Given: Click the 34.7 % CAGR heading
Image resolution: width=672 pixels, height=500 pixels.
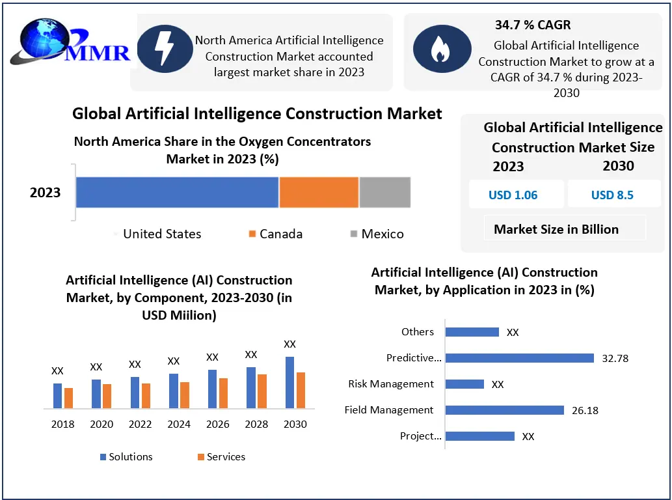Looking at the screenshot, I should (533, 25).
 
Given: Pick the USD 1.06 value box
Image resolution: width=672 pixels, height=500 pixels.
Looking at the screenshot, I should (513, 195).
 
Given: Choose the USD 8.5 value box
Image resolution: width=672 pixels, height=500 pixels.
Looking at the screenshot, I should (612, 195).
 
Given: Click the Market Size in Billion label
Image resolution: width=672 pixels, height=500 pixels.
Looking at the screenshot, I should (556, 229).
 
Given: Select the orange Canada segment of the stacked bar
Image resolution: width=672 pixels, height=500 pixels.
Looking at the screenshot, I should (319, 192).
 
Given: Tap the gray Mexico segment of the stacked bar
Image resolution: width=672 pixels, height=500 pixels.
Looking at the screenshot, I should (384, 192).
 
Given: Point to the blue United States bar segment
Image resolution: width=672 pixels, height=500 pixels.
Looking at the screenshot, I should (177, 192).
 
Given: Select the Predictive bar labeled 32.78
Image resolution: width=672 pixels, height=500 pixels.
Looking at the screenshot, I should (520, 358).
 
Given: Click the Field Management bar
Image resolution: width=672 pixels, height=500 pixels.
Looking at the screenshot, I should (505, 410).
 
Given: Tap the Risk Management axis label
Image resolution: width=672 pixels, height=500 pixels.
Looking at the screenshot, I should (391, 384).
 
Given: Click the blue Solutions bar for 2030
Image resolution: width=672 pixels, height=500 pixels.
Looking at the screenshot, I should (289, 382).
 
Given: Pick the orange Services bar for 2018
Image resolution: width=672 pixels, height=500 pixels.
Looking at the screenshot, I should (68, 398).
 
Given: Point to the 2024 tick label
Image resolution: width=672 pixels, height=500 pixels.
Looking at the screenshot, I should (179, 424).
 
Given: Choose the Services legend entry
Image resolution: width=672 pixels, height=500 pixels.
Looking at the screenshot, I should (221, 457).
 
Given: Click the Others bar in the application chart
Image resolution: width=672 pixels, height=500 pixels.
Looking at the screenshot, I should (472, 332).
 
